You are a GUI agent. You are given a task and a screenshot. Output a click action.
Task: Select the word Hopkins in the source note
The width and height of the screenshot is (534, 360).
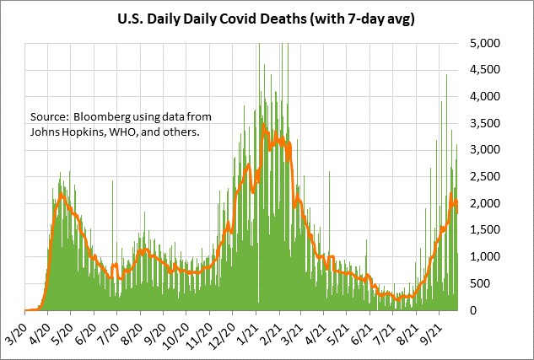(x=87, y=131)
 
